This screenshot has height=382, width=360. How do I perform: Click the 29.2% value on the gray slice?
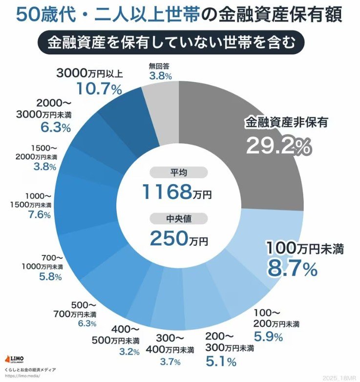coord(278,145)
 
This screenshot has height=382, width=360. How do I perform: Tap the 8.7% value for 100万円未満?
coord(292,268)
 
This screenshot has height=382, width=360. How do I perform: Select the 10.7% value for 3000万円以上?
coord(99,89)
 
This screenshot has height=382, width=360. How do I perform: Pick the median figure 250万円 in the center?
coord(178,238)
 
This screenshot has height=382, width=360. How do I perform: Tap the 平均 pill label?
coord(178,172)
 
